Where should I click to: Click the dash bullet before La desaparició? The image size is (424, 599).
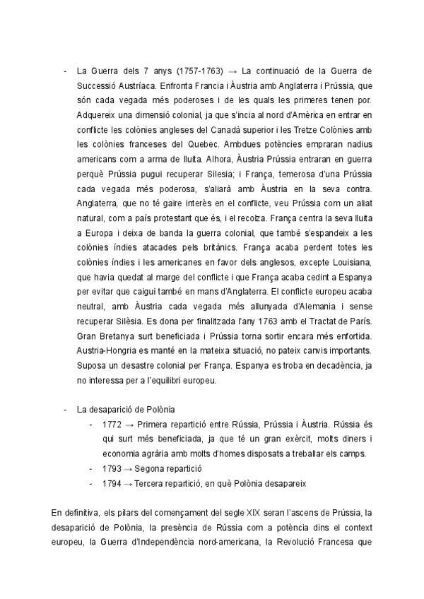(x=65, y=410)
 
